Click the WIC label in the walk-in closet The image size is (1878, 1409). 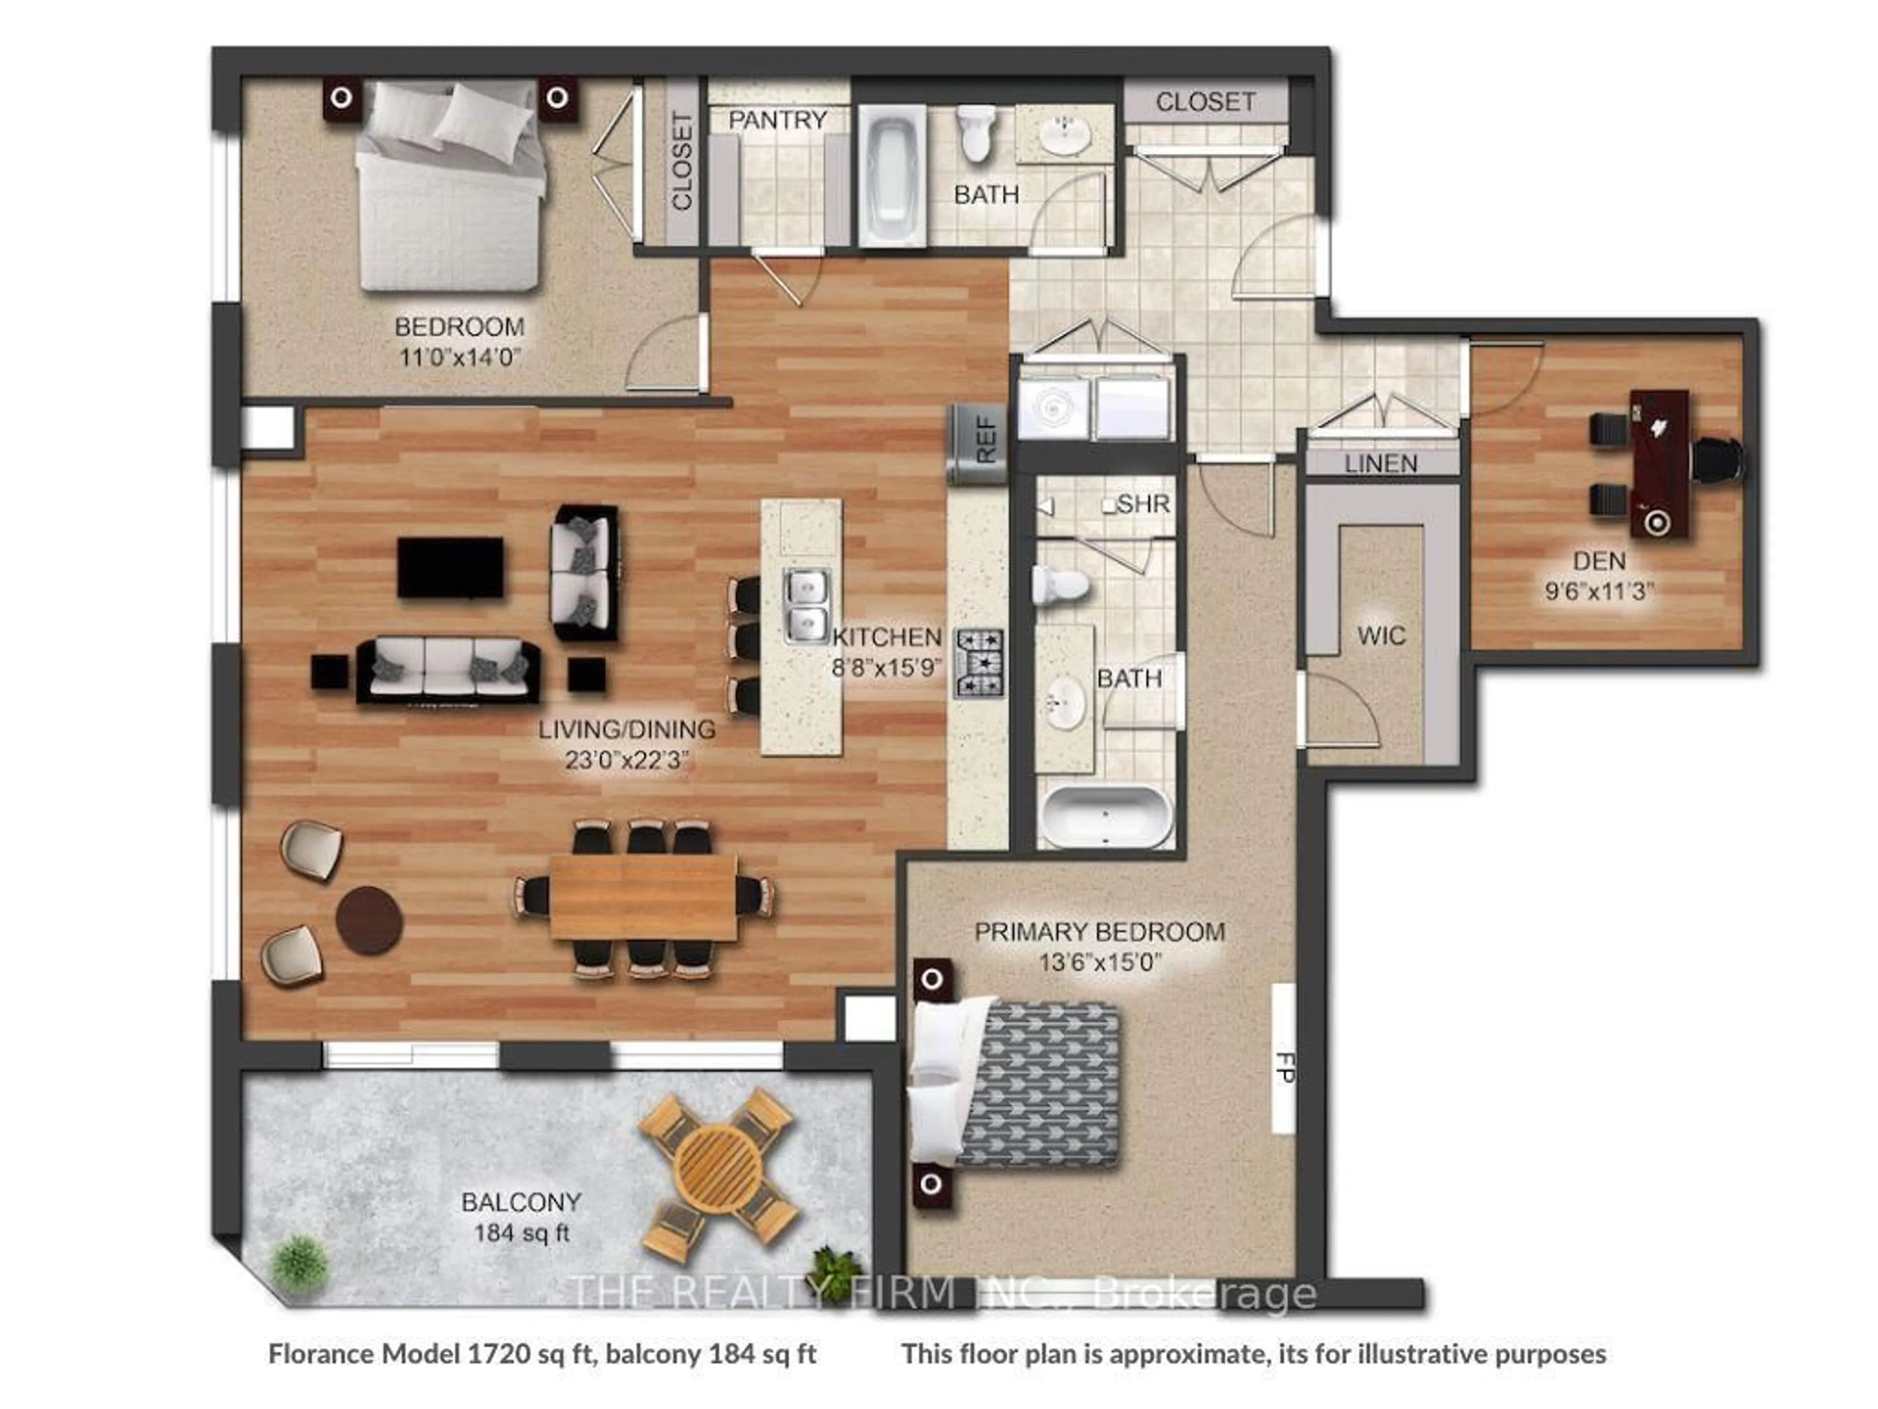[1381, 636]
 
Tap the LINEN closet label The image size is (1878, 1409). [1381, 464]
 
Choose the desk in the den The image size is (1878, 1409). [1658, 463]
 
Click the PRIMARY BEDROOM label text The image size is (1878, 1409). [1099, 932]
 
